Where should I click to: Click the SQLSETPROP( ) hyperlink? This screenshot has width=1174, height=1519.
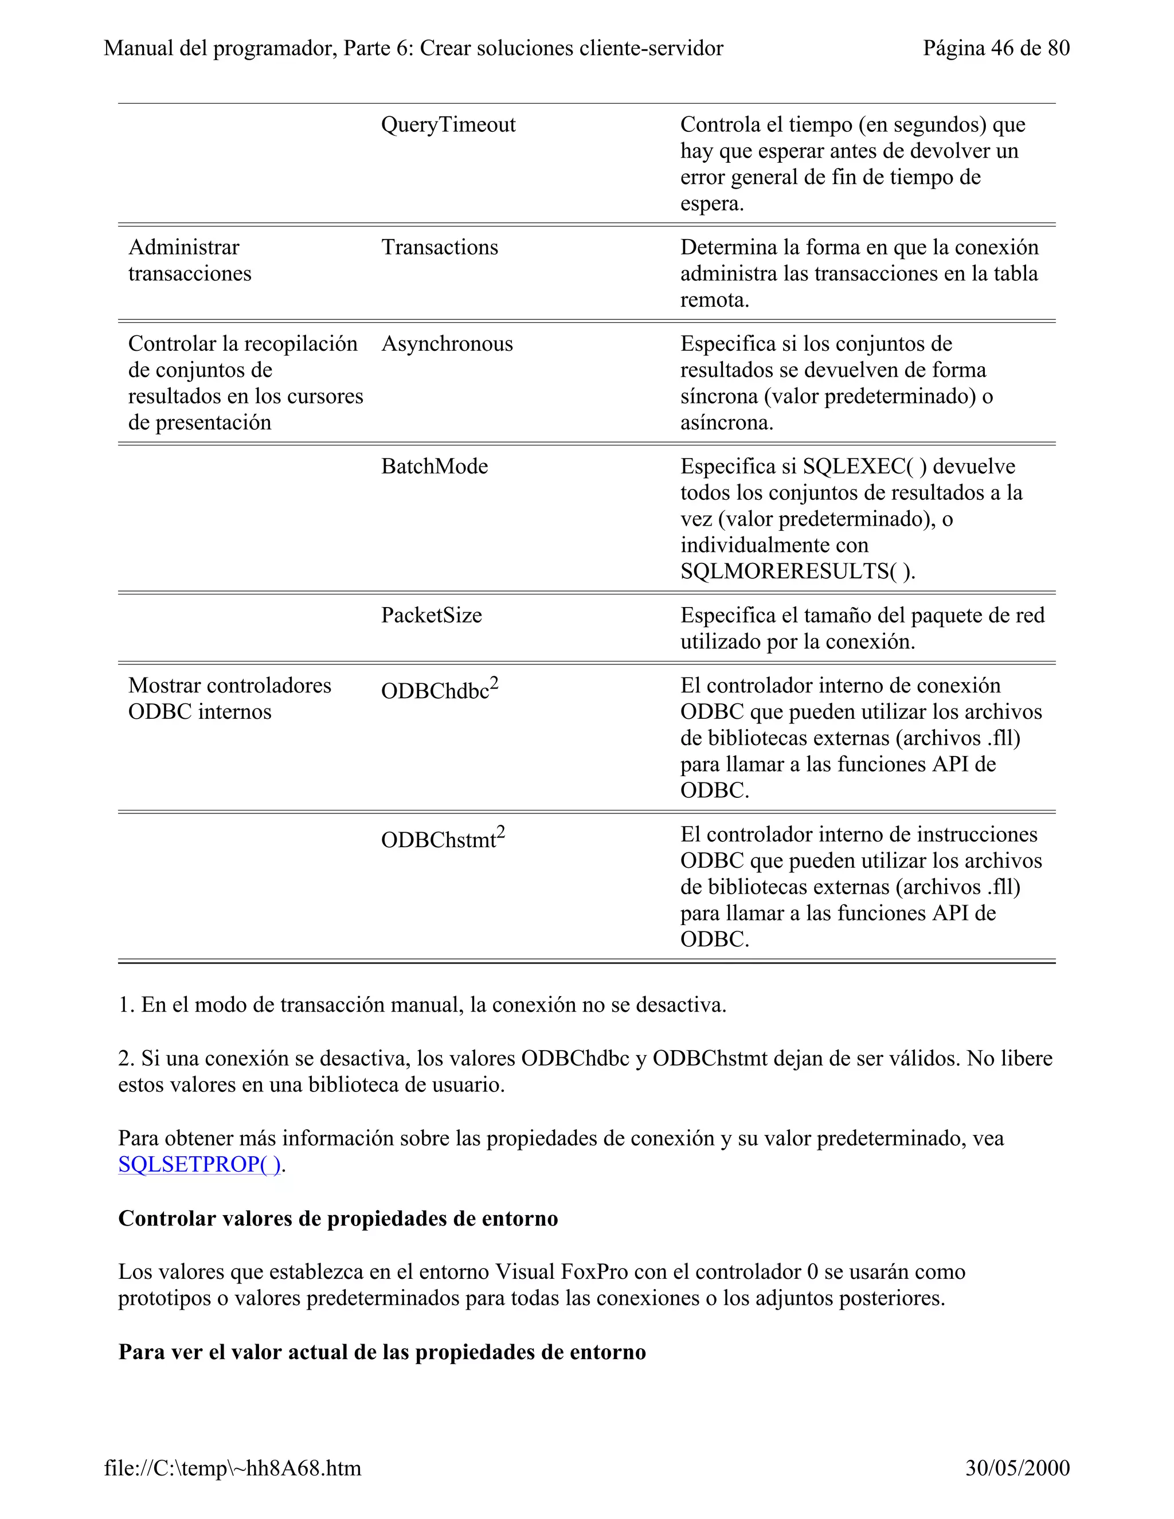[199, 1164]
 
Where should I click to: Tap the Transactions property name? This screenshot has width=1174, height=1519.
[440, 248]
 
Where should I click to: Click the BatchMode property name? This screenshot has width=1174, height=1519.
[434, 467]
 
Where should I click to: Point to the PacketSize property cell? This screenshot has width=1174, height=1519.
[431, 616]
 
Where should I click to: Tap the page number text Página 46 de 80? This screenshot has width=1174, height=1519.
[996, 48]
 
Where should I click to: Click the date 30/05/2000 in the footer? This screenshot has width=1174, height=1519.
[1017, 1468]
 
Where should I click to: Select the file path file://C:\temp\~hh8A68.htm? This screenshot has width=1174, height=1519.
[232, 1468]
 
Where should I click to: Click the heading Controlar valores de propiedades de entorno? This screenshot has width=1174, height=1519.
[338, 1219]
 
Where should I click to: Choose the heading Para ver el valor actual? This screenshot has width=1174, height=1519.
[382, 1352]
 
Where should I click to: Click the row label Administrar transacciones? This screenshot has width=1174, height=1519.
[189, 261]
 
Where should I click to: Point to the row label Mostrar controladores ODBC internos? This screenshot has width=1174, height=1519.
[229, 698]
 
